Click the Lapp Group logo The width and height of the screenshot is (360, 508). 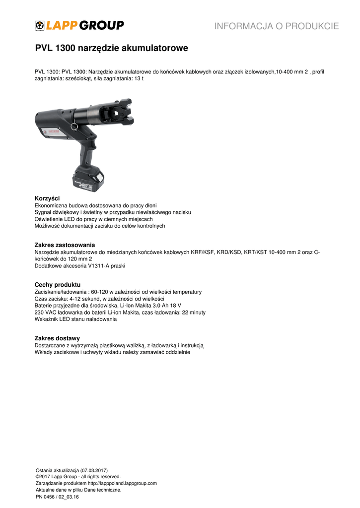79,25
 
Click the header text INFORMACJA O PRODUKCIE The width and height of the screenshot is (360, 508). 277,26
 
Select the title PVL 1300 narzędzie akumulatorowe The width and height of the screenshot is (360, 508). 111,49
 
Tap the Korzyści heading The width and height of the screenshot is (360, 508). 47,198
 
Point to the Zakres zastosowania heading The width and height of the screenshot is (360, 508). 65,245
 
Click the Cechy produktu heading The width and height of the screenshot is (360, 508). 57,285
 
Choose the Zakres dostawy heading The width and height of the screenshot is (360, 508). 57,338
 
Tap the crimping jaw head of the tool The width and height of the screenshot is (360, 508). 116,111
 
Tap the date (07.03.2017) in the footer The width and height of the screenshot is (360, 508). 90,470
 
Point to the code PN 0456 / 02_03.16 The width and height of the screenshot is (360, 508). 57,496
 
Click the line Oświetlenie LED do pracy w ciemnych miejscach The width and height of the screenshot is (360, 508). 93,219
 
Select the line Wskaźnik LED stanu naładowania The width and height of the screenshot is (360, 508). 75,319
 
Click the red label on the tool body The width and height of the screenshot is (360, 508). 49,132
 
